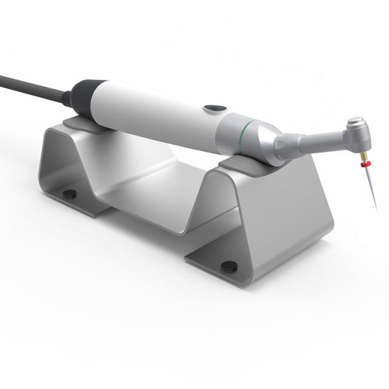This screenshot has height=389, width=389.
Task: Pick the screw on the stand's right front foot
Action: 229,265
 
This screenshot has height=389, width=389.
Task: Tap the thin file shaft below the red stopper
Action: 371,185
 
